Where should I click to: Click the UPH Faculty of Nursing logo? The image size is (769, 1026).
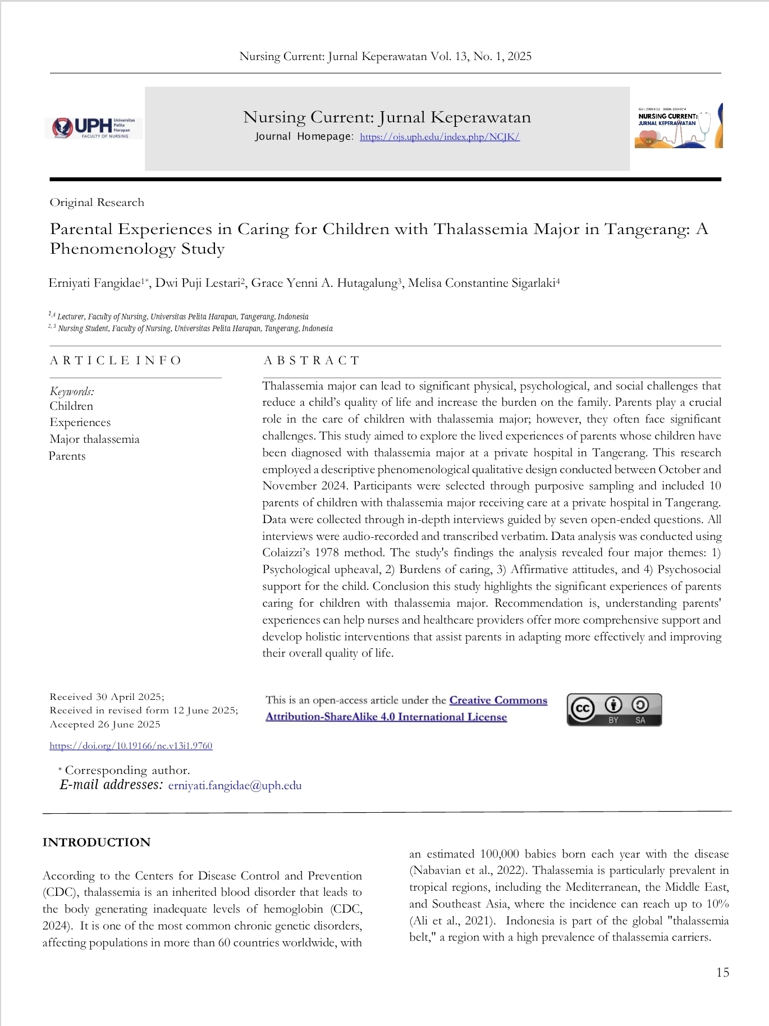click(x=93, y=128)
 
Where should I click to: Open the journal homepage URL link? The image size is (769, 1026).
click(x=440, y=137)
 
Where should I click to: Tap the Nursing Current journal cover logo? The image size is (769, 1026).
click(x=678, y=126)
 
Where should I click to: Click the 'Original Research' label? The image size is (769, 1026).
click(x=97, y=203)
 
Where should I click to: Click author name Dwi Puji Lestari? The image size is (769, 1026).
click(x=198, y=283)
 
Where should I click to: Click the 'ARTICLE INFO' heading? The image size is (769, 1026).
click(x=116, y=360)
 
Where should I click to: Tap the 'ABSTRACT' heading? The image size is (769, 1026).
click(x=312, y=360)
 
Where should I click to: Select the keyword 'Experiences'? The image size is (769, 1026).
click(x=80, y=423)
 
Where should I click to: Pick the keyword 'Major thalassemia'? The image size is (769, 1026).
click(x=94, y=439)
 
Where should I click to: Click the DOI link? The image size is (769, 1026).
click(x=131, y=746)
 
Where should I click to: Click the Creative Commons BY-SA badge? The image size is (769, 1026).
click(x=614, y=710)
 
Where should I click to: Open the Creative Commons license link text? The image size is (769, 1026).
click(x=406, y=708)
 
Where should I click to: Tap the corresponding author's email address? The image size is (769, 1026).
click(x=235, y=786)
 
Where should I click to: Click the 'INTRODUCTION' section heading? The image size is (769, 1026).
click(x=97, y=842)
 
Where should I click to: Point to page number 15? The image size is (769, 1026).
click(x=722, y=973)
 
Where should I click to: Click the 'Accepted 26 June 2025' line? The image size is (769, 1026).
click(x=105, y=725)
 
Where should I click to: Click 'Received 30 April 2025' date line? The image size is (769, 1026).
click(x=107, y=697)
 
